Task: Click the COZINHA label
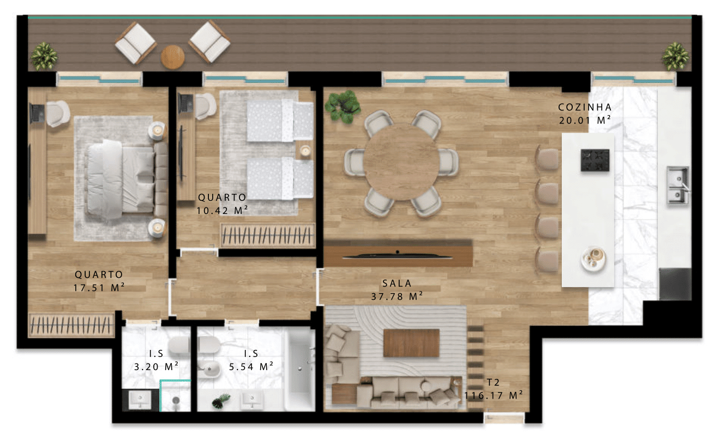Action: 585,107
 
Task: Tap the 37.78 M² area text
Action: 397,296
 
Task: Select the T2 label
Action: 493,383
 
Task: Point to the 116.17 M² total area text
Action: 494,395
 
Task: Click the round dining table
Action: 401,163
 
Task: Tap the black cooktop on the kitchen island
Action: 595,160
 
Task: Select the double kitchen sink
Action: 677,185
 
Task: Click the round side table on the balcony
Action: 172,57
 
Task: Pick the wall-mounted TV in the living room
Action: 398,257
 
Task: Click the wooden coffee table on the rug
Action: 411,343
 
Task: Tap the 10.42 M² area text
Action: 222,210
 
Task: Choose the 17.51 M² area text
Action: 99,288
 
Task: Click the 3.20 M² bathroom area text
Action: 156,367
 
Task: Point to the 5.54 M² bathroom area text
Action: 251,367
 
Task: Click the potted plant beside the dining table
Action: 343,107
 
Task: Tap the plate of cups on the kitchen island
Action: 593,259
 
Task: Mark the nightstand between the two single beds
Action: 305,151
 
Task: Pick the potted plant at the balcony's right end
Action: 675,57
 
